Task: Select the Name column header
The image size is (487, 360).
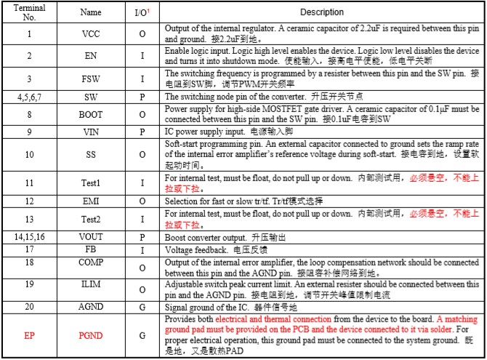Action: pyautogui.click(x=91, y=12)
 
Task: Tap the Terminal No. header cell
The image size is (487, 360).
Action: pyautogui.click(x=29, y=12)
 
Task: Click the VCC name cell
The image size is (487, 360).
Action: pyautogui.click(x=91, y=33)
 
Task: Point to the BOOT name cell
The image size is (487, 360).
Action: pyautogui.click(x=91, y=113)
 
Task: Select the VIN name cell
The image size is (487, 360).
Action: pyautogui.click(x=91, y=132)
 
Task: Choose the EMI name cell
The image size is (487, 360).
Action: pyautogui.click(x=91, y=200)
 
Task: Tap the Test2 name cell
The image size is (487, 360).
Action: pyautogui.click(x=91, y=218)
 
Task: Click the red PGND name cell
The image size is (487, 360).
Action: pyautogui.click(x=91, y=335)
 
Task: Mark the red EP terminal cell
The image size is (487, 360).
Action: pyautogui.click(x=29, y=335)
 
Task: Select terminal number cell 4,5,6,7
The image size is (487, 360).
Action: pyautogui.click(x=29, y=96)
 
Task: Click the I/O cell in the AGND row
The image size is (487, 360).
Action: pyautogui.click(x=142, y=308)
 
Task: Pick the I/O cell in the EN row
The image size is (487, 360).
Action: pyautogui.click(x=142, y=55)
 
